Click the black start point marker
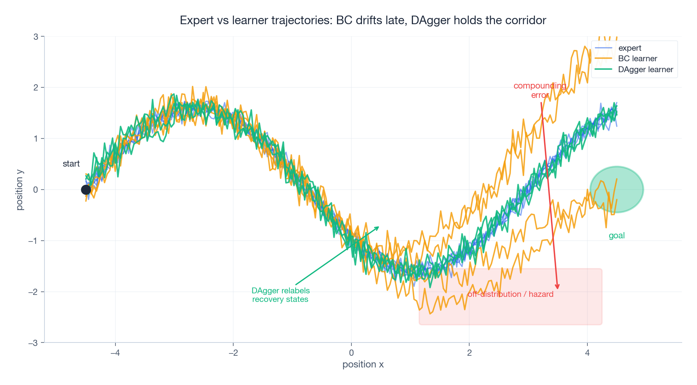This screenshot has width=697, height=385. tap(86, 190)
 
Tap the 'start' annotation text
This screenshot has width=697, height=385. tap(71, 164)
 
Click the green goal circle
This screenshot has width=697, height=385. tap(616, 190)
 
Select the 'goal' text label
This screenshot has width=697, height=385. tap(617, 236)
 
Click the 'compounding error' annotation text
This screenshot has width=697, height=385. tap(540, 90)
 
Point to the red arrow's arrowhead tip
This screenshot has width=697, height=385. tap(558, 289)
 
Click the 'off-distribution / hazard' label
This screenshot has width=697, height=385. tap(510, 294)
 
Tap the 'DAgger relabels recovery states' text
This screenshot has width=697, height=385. tap(280, 295)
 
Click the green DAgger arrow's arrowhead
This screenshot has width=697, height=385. tap(378, 227)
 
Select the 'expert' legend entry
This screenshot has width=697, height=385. tap(630, 48)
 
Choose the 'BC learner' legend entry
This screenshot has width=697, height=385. tap(637, 59)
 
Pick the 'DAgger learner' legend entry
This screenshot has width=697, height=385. tap(646, 69)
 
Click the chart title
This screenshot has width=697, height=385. tap(363, 20)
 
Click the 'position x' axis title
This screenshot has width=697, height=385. tap(363, 364)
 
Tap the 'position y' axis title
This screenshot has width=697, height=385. tap(20, 190)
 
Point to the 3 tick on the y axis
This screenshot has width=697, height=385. tap(36, 37)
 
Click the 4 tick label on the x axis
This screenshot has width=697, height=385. tap(587, 353)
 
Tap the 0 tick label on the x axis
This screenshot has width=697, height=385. tap(351, 353)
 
